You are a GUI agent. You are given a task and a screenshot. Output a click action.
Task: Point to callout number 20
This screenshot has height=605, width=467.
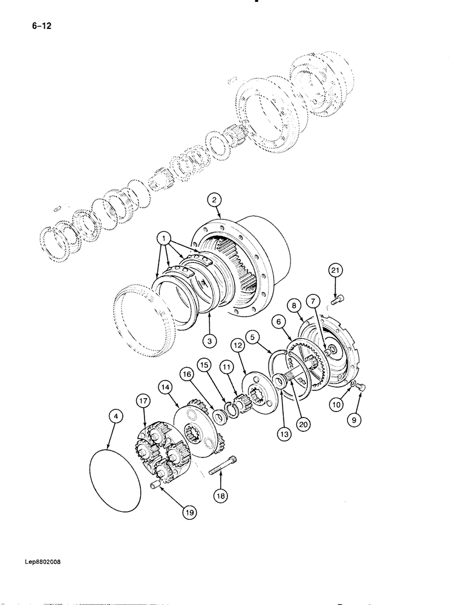coord(302,424)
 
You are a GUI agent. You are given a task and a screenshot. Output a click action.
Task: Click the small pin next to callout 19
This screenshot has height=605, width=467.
coord(154,485)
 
